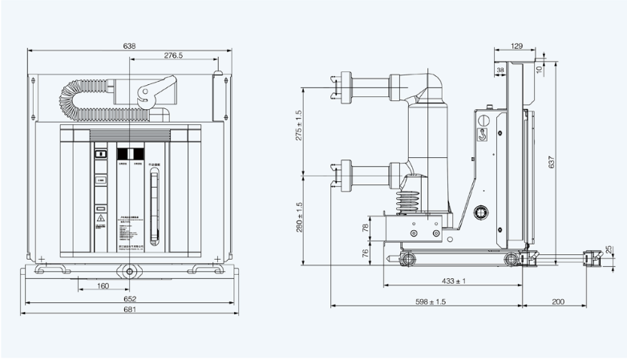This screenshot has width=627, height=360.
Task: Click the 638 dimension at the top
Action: (129, 47)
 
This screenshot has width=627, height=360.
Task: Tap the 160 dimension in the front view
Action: (103, 285)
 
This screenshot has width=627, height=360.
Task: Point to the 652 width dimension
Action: (129, 299)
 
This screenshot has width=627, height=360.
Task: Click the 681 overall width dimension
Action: (129, 309)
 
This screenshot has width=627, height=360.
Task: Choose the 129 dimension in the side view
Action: (517, 46)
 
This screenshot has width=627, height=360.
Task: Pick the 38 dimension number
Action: (501, 71)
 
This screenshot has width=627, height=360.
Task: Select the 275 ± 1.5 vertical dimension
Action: (299, 124)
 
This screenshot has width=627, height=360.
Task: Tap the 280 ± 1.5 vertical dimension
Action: (299, 216)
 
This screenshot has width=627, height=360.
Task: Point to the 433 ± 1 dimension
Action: (454, 281)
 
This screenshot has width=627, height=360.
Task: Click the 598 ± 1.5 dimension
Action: (430, 301)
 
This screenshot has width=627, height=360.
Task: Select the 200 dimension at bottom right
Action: (558, 301)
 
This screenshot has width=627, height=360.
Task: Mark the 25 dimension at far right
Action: (609, 249)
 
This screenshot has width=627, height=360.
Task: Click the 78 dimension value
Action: (366, 228)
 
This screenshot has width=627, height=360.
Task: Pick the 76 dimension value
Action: (366, 253)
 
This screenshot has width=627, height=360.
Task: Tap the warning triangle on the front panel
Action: (101, 217)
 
